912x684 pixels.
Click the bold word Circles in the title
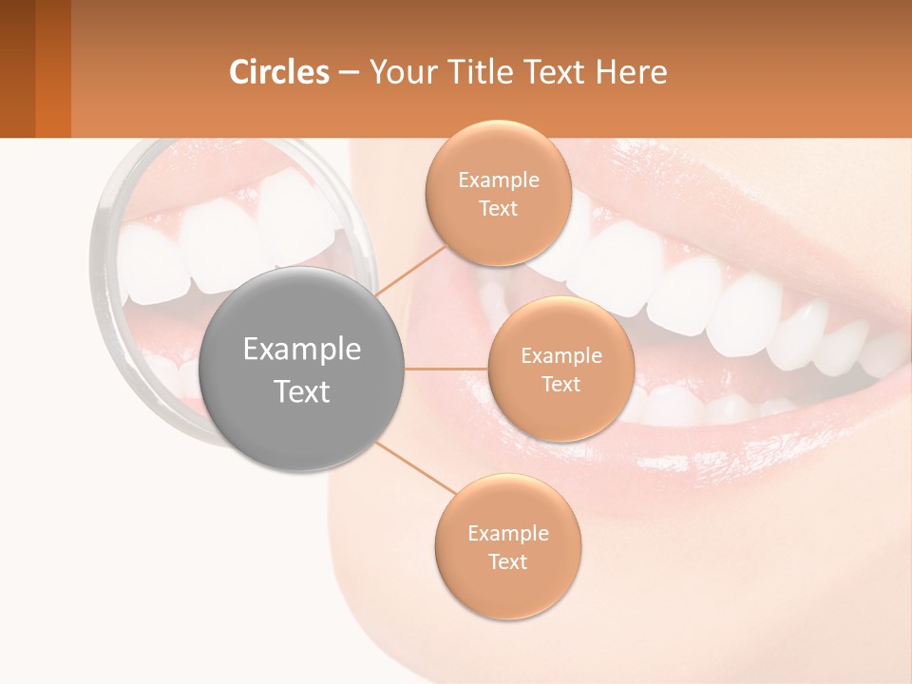(279, 72)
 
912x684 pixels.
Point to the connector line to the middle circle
(446, 369)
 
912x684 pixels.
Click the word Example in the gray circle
(302, 350)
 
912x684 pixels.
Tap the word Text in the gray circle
(302, 391)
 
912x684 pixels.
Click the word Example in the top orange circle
(499, 180)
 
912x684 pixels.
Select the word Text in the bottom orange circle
(508, 561)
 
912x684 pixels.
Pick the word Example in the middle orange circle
(561, 356)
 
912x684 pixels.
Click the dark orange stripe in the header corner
(52, 68)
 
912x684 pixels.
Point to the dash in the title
(348, 73)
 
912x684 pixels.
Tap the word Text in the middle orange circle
(561, 385)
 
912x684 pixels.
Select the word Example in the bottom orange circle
(508, 533)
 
